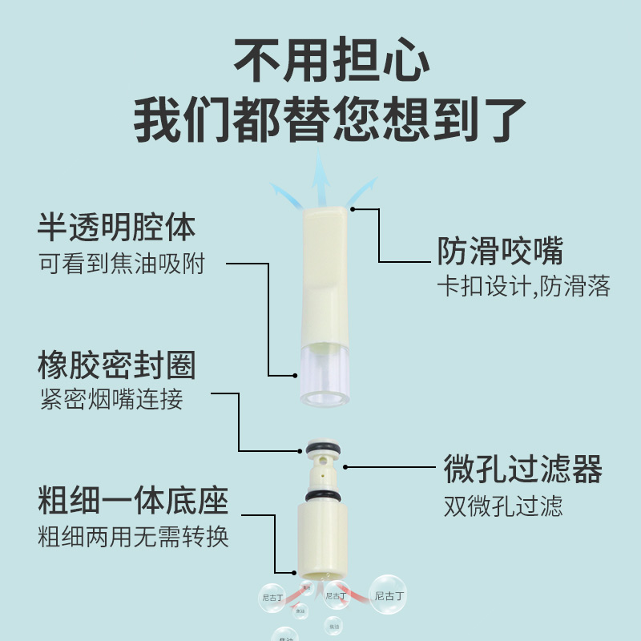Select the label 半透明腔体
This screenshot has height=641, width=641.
[117, 227]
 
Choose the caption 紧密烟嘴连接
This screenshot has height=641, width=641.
[111, 398]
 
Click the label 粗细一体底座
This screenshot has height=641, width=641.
[133, 502]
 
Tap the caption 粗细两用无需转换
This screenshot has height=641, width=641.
[133, 536]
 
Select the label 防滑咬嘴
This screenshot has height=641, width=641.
[500, 251]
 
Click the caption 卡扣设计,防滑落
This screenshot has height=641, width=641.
[523, 286]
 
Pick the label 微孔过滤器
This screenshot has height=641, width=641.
[522, 470]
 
